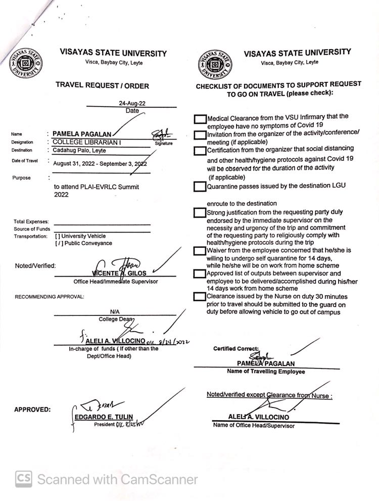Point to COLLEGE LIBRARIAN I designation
tap(87, 143)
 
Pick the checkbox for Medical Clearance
tap(200, 119)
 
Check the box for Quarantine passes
tap(200, 187)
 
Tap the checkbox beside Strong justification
tap(200, 213)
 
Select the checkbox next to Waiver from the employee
tap(200, 251)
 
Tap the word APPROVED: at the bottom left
tap(32, 409)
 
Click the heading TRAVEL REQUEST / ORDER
tap(103, 86)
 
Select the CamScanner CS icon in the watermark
tap(24, 478)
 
